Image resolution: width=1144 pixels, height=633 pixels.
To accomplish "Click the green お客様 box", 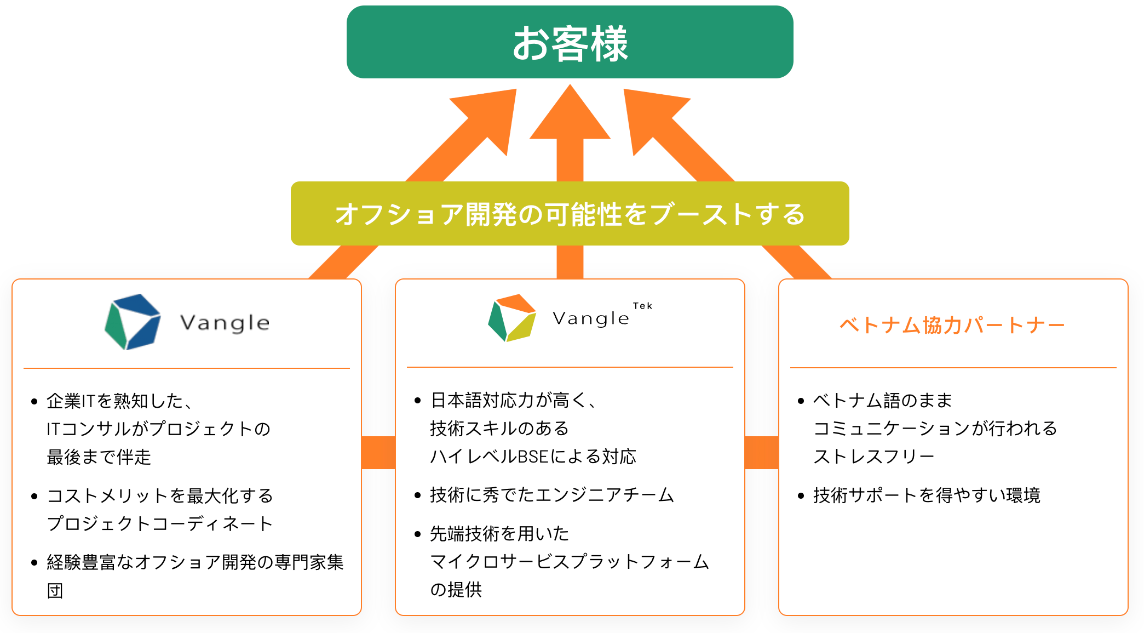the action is point(570,42).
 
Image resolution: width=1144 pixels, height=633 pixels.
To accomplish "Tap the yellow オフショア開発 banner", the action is point(570,214).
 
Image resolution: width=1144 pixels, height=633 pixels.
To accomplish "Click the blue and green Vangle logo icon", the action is point(133,322).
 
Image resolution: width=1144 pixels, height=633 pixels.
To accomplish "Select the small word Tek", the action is point(642,306).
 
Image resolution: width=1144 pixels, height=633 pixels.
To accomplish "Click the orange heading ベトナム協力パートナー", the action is point(952,326).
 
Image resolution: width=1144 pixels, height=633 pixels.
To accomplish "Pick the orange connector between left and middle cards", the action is point(378,453).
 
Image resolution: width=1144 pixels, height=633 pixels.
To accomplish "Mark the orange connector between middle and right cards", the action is point(762,453).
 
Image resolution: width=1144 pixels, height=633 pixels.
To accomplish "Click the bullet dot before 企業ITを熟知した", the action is point(35,402).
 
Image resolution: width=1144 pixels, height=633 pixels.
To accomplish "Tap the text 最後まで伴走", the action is point(99,457).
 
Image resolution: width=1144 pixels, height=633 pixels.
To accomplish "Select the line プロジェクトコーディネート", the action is point(160,524).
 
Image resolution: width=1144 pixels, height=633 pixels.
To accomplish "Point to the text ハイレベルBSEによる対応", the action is point(533,457).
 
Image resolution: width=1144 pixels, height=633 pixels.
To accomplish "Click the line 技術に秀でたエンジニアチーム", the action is point(552,495).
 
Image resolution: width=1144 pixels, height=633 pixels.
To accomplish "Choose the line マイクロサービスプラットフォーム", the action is point(570,562).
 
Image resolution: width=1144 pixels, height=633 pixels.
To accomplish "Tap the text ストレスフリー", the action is point(874,457).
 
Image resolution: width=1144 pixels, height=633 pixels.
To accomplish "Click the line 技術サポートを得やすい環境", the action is point(927,495).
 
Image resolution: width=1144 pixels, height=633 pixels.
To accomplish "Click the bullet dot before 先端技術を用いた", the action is point(418,534).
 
